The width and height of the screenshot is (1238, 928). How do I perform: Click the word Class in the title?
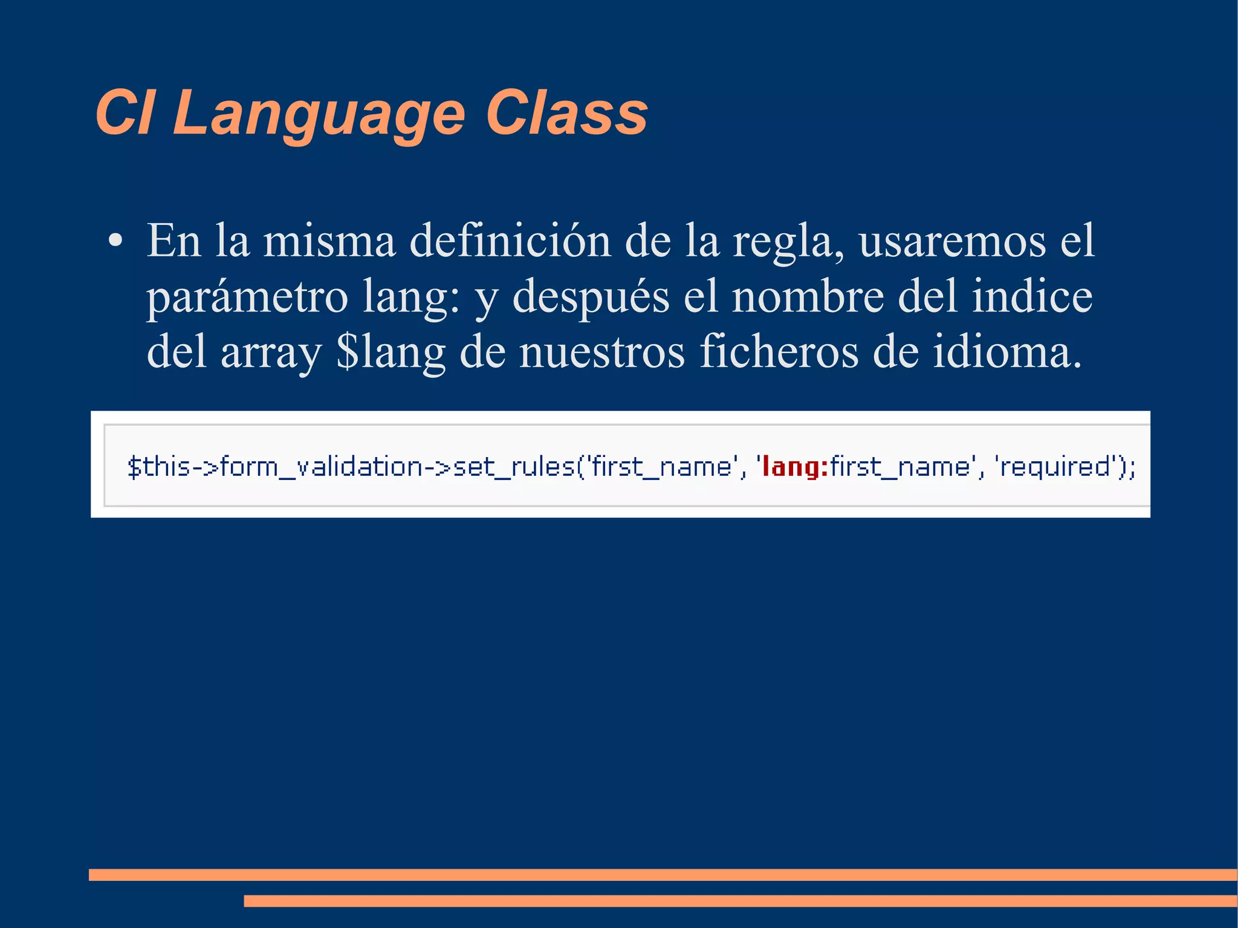[566, 114]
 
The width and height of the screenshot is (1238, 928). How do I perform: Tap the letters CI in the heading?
[125, 114]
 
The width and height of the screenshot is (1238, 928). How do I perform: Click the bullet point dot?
[115, 241]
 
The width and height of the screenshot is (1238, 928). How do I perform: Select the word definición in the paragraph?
[510, 241]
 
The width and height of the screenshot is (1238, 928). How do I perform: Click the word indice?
[1032, 296]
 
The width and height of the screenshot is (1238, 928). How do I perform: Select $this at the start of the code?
[159, 467]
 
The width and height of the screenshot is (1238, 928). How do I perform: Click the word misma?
[329, 241]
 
